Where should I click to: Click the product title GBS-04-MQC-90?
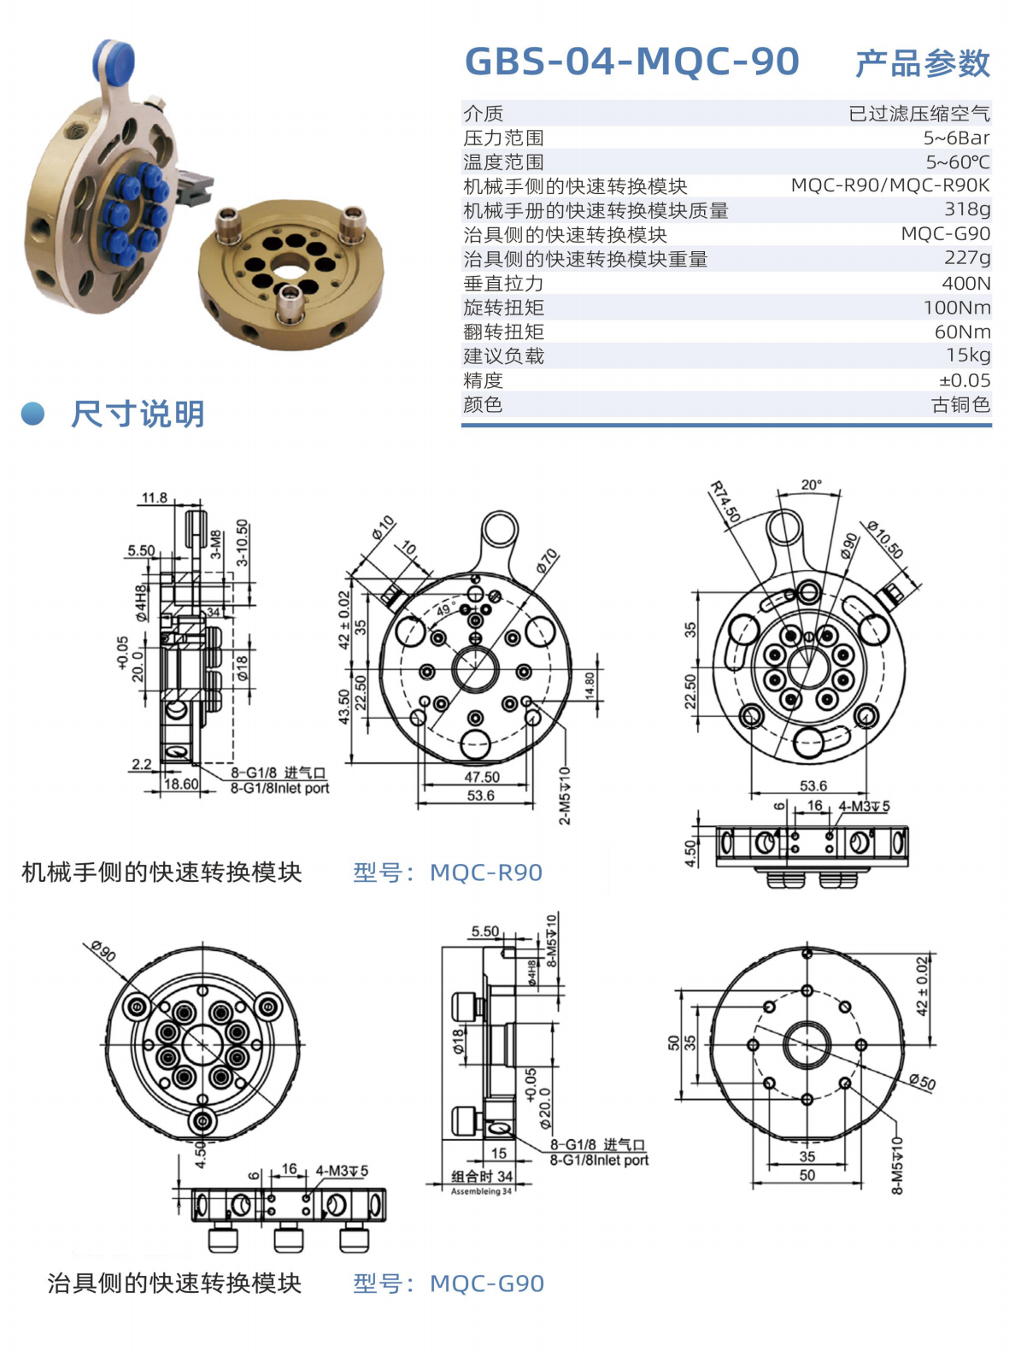click(631, 62)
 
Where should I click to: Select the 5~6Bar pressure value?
click(956, 138)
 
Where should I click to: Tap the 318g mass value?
click(967, 209)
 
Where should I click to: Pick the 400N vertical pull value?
click(966, 283)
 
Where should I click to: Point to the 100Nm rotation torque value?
click(957, 308)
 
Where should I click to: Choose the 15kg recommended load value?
click(968, 355)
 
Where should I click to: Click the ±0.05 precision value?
click(964, 380)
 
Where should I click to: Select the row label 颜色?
click(483, 404)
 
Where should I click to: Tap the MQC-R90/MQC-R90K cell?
click(890, 185)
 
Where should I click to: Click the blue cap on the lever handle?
click(114, 60)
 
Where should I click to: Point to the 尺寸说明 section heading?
click(138, 414)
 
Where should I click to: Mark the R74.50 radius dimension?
click(725, 502)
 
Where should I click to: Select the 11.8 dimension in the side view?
click(155, 497)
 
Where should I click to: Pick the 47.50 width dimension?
click(482, 777)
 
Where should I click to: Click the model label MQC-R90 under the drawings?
click(486, 872)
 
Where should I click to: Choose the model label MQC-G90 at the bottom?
click(487, 1284)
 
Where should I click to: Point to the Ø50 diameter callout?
click(922, 1081)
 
